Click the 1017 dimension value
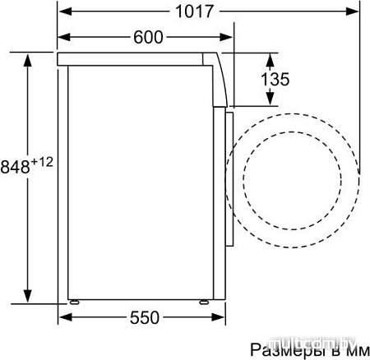coord(195,12)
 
